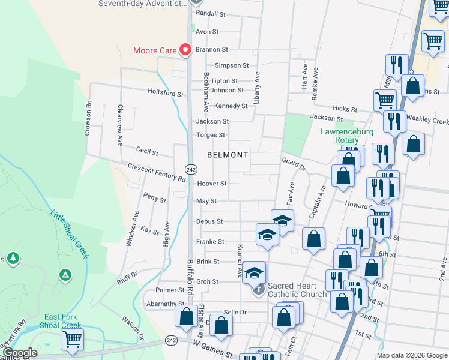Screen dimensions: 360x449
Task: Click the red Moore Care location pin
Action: pos(185,50)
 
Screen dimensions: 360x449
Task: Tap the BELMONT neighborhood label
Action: pos(228,155)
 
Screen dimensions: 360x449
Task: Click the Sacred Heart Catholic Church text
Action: pos(297,290)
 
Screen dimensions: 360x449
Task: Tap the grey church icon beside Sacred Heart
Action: pos(258,290)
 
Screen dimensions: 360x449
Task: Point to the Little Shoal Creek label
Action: pos(70,234)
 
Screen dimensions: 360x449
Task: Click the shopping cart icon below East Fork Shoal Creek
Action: pos(72,340)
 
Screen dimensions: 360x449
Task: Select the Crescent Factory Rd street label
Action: pos(157,172)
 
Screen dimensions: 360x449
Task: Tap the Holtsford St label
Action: pos(166,93)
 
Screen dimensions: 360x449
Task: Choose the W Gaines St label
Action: pos(212,350)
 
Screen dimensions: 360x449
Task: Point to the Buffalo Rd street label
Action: pos(190,276)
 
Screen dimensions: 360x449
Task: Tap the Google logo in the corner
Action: pos(20,353)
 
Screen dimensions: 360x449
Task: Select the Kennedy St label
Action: pos(231,106)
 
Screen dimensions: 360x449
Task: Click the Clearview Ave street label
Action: pos(120,124)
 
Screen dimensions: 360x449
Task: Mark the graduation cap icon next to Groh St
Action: pos(255,273)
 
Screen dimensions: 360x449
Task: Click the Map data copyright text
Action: pos(411,355)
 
